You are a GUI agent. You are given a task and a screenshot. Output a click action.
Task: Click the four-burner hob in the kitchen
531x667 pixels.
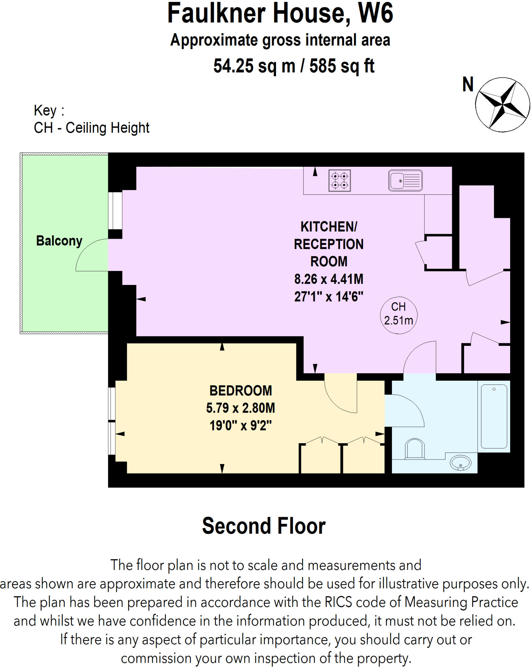click(x=339, y=180)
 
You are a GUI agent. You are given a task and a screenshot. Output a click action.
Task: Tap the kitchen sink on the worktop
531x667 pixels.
click(x=405, y=180)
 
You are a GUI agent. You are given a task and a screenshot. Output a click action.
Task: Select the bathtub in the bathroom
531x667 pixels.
click(x=494, y=416)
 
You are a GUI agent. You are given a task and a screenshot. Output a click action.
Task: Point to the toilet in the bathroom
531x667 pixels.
click(x=415, y=449)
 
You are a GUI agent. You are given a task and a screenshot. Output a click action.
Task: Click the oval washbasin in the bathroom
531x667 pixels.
click(x=460, y=463)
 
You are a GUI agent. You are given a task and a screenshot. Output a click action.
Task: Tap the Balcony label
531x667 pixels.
click(x=59, y=241)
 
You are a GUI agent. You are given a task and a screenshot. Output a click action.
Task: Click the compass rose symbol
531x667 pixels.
click(x=502, y=105)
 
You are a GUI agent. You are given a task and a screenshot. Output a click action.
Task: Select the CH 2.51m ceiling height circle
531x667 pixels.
click(x=398, y=315)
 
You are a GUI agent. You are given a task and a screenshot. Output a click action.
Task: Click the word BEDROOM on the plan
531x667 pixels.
click(x=240, y=390)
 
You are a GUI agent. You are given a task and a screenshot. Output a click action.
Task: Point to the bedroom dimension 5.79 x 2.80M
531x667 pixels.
click(x=240, y=408)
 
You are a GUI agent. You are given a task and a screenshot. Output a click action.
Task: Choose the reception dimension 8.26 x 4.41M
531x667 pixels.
click(x=329, y=279)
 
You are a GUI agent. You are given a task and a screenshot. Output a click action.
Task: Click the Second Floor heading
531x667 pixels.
click(x=264, y=526)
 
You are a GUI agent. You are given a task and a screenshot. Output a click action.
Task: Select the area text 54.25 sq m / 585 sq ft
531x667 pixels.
click(x=294, y=66)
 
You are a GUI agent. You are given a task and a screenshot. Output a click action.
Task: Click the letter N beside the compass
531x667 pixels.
click(x=468, y=85)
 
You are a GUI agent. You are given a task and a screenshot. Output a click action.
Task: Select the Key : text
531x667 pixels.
click(x=49, y=110)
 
